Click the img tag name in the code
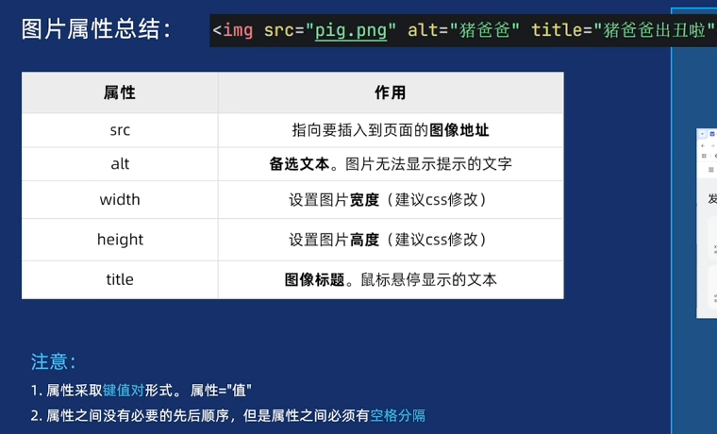tap(239, 30)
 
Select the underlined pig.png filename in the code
tap(351, 30)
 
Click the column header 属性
tap(120, 92)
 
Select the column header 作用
tap(391, 92)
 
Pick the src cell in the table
tap(120, 130)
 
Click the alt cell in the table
tap(120, 163)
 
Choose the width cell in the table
tap(120, 199)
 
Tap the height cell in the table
tap(120, 240)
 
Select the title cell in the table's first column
tap(120, 279)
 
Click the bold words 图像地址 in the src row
tap(459, 130)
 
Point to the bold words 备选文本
tap(299, 163)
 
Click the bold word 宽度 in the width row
tap(364, 200)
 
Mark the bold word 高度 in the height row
tap(364, 240)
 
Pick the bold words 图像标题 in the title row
tap(314, 279)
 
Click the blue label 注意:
tap(53, 361)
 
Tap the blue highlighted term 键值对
tap(124, 390)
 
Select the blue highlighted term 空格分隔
tap(397, 415)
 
